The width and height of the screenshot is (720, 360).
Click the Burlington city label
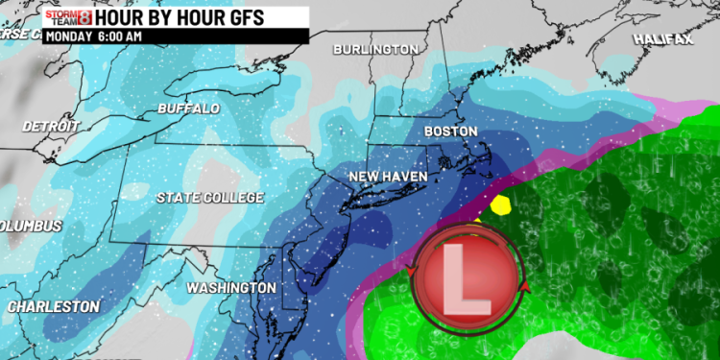(375, 49)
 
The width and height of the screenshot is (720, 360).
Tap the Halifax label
(662, 38)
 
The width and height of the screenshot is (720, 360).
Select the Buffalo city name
(188, 108)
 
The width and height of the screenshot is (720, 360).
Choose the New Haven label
(387, 177)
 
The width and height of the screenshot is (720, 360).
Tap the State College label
(209, 198)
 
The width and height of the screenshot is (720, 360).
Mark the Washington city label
(230, 288)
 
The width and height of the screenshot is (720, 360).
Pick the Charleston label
(52, 306)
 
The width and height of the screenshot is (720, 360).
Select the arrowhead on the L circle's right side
(524, 284)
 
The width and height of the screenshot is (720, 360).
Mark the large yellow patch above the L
(498, 204)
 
